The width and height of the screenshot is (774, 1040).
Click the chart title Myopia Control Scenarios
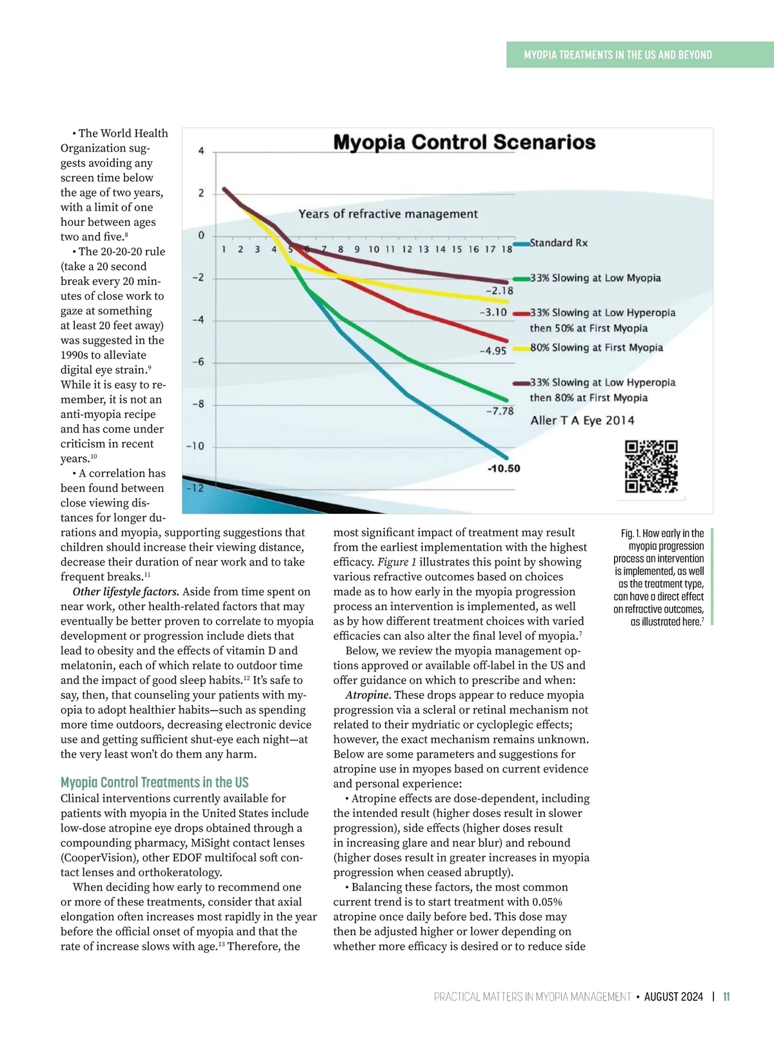tap(464, 142)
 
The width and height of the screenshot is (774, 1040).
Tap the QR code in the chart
tap(651, 467)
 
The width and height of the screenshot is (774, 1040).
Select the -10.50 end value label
tap(504, 469)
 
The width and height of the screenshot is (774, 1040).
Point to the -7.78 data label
tap(500, 411)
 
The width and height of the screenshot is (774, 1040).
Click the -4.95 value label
tap(493, 351)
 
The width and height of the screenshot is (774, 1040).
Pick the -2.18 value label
tap(499, 291)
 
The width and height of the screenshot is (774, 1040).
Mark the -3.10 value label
tap(493, 313)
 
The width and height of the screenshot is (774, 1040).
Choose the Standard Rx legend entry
tap(559, 243)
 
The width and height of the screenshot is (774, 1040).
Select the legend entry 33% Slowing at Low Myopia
tap(595, 278)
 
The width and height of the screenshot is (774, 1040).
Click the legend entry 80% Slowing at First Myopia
tap(597, 348)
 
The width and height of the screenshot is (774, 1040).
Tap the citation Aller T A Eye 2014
tap(582, 420)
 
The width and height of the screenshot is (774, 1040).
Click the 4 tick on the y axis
tap(201, 151)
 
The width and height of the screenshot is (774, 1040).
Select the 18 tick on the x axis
tap(507, 249)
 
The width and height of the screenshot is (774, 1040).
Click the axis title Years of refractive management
tap(388, 214)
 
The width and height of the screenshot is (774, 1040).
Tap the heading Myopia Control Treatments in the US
tap(155, 782)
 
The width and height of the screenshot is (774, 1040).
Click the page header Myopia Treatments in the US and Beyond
tap(618, 55)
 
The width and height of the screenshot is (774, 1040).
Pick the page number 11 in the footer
tap(726, 997)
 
